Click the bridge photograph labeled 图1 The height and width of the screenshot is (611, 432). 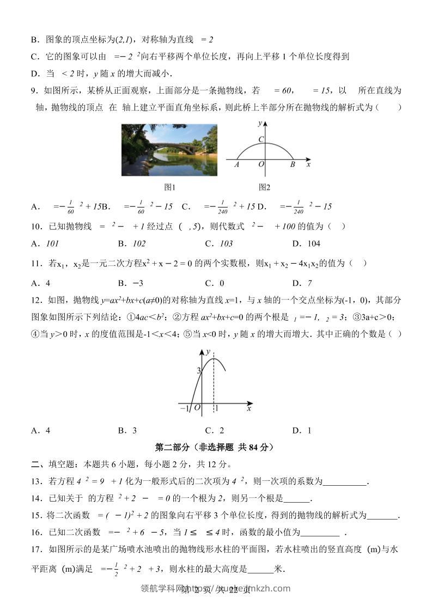point(169,150)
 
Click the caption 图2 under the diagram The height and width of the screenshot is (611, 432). point(264,187)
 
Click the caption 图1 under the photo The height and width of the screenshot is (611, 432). point(170,187)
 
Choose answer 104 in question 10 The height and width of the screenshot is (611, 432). point(314,243)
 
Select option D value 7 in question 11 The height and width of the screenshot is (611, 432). point(309,283)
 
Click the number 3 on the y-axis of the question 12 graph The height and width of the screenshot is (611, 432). point(199,370)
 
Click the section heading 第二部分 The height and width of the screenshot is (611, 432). point(214,447)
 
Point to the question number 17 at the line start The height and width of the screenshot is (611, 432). point(35,550)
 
